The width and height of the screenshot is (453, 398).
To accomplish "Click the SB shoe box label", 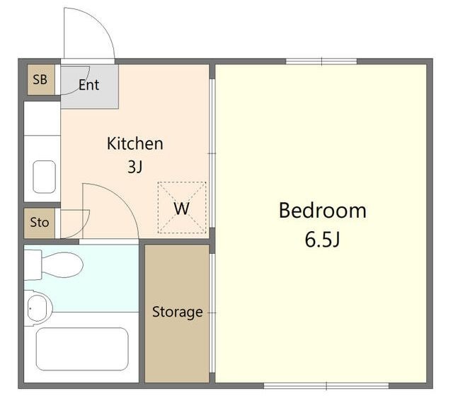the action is point(40,80).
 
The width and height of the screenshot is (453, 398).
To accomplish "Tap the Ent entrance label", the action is point(88,85).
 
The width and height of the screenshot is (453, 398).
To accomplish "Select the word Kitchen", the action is point(135,144).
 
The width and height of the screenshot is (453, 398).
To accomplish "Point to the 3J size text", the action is point(135,166).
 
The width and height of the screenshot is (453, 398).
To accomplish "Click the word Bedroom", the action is point(323,211).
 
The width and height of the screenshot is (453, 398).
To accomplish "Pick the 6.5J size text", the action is point(323,240).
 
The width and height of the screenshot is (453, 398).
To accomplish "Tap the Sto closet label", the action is point(40,223).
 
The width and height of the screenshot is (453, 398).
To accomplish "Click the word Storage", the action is point(178,312).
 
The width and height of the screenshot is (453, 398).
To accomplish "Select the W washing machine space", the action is point(182,208).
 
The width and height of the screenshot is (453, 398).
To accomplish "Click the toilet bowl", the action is point(62,264).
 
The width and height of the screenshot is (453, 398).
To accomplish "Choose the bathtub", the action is point(82,349).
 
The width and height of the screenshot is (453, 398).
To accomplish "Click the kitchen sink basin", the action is point(44,177).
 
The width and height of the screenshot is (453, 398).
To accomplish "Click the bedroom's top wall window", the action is point(321,62).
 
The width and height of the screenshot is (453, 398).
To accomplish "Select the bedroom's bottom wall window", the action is point(326,385).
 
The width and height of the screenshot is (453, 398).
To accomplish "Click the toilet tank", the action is point(33,265).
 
